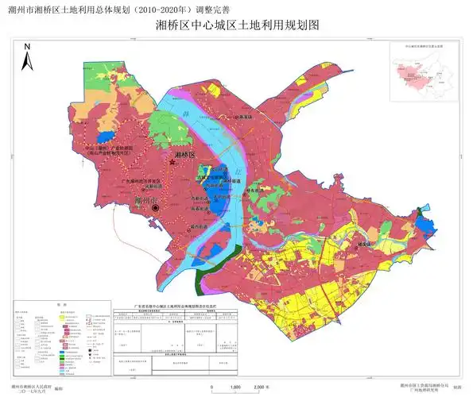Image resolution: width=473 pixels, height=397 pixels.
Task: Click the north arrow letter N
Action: point(27,47)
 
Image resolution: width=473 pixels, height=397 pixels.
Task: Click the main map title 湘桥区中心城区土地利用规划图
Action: point(237,25)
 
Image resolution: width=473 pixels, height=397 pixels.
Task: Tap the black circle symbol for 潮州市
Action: point(157,208)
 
